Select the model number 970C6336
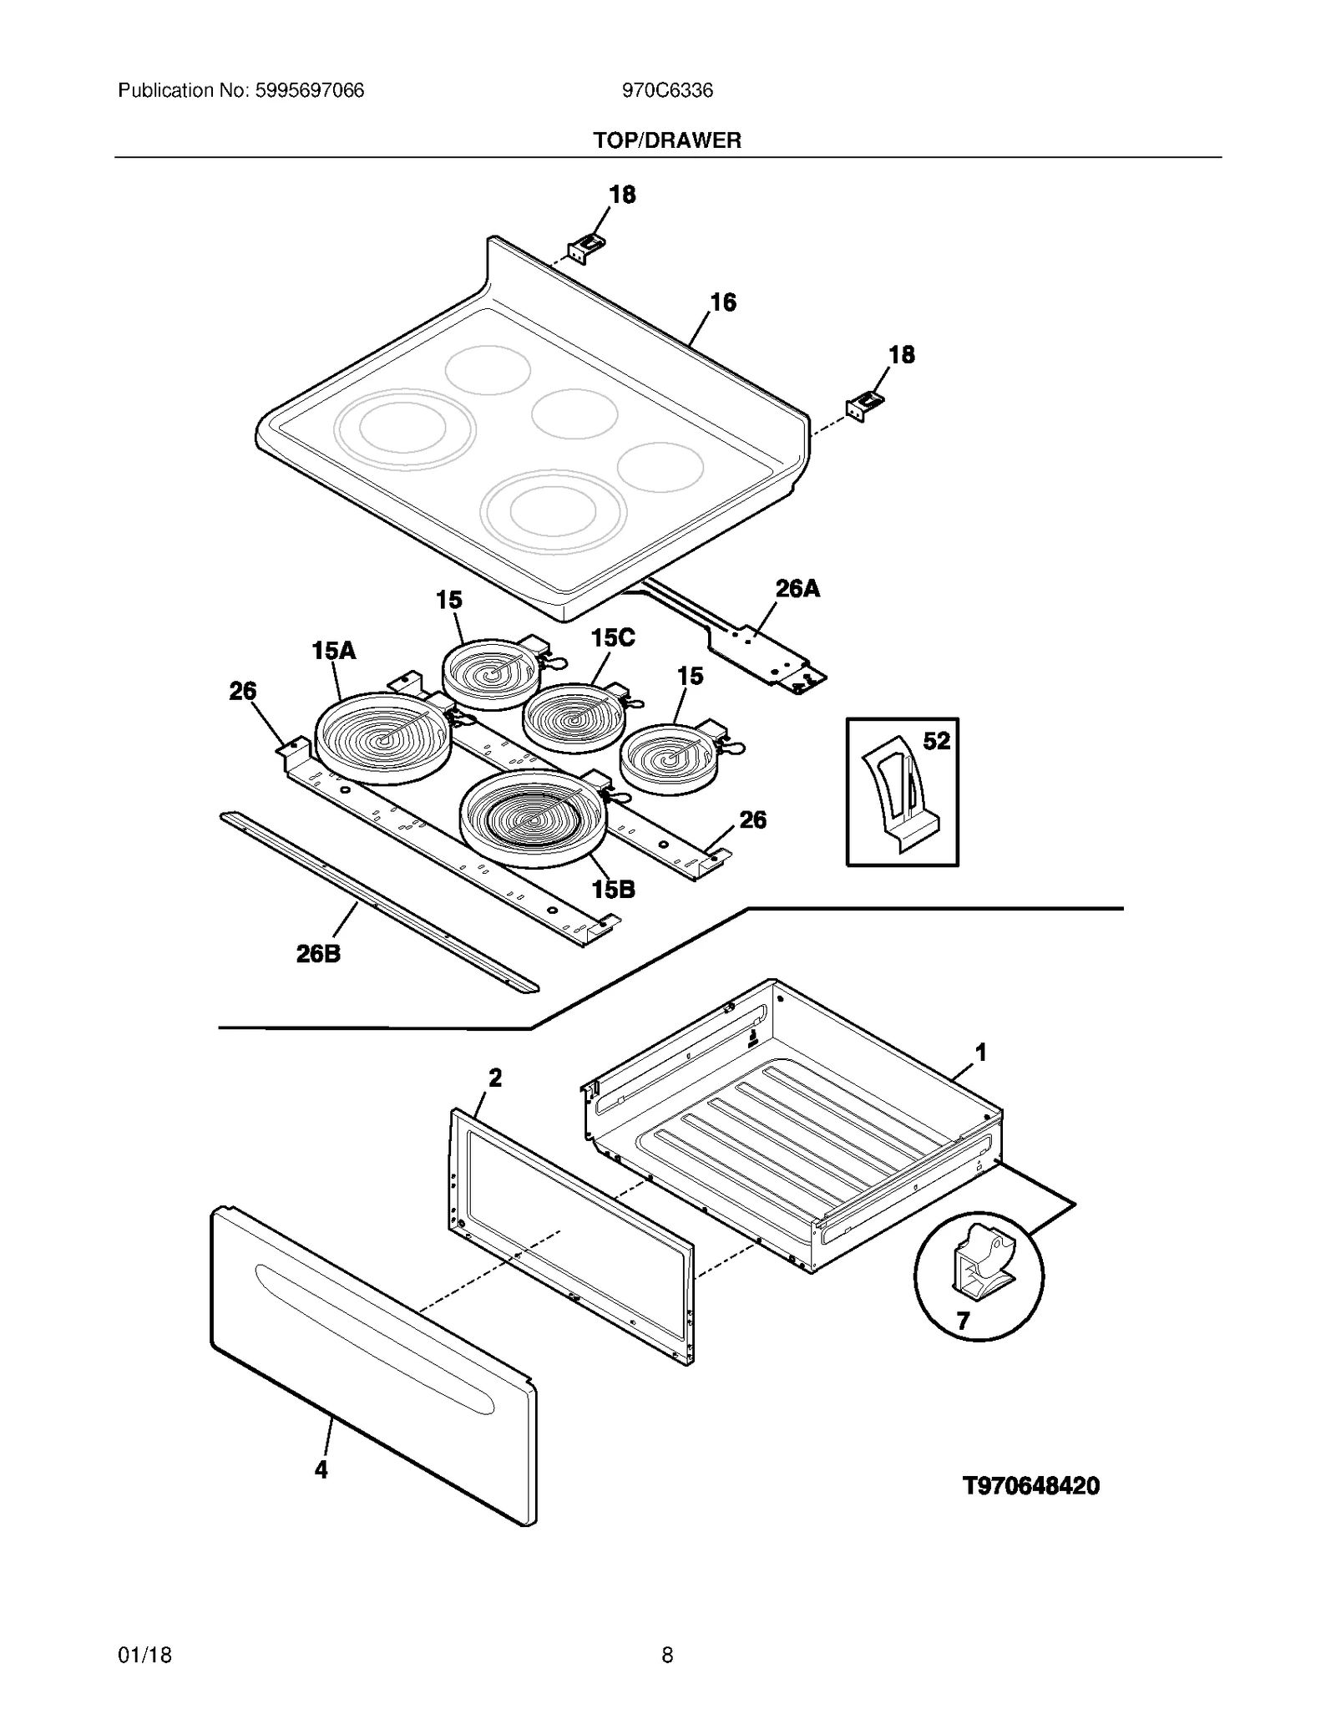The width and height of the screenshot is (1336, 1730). tap(667, 90)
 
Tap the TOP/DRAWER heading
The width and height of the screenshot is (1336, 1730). tap(667, 140)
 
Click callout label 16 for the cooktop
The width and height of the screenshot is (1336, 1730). tap(723, 302)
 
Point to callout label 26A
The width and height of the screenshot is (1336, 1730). tap(797, 589)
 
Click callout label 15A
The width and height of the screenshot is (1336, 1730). tap(334, 651)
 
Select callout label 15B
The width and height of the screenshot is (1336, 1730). tap(614, 890)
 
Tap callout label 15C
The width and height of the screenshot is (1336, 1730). tap(613, 638)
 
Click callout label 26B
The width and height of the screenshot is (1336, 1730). tap(318, 953)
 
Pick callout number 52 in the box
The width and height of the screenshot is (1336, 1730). tap(936, 741)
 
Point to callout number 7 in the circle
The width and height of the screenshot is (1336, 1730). tap(963, 1321)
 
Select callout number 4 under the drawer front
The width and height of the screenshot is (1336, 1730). tap(321, 1469)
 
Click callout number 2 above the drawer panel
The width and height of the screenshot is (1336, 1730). tap(495, 1078)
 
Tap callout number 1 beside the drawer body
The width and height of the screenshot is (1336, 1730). tap(981, 1053)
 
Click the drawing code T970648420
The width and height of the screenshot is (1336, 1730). tap(1031, 1486)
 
